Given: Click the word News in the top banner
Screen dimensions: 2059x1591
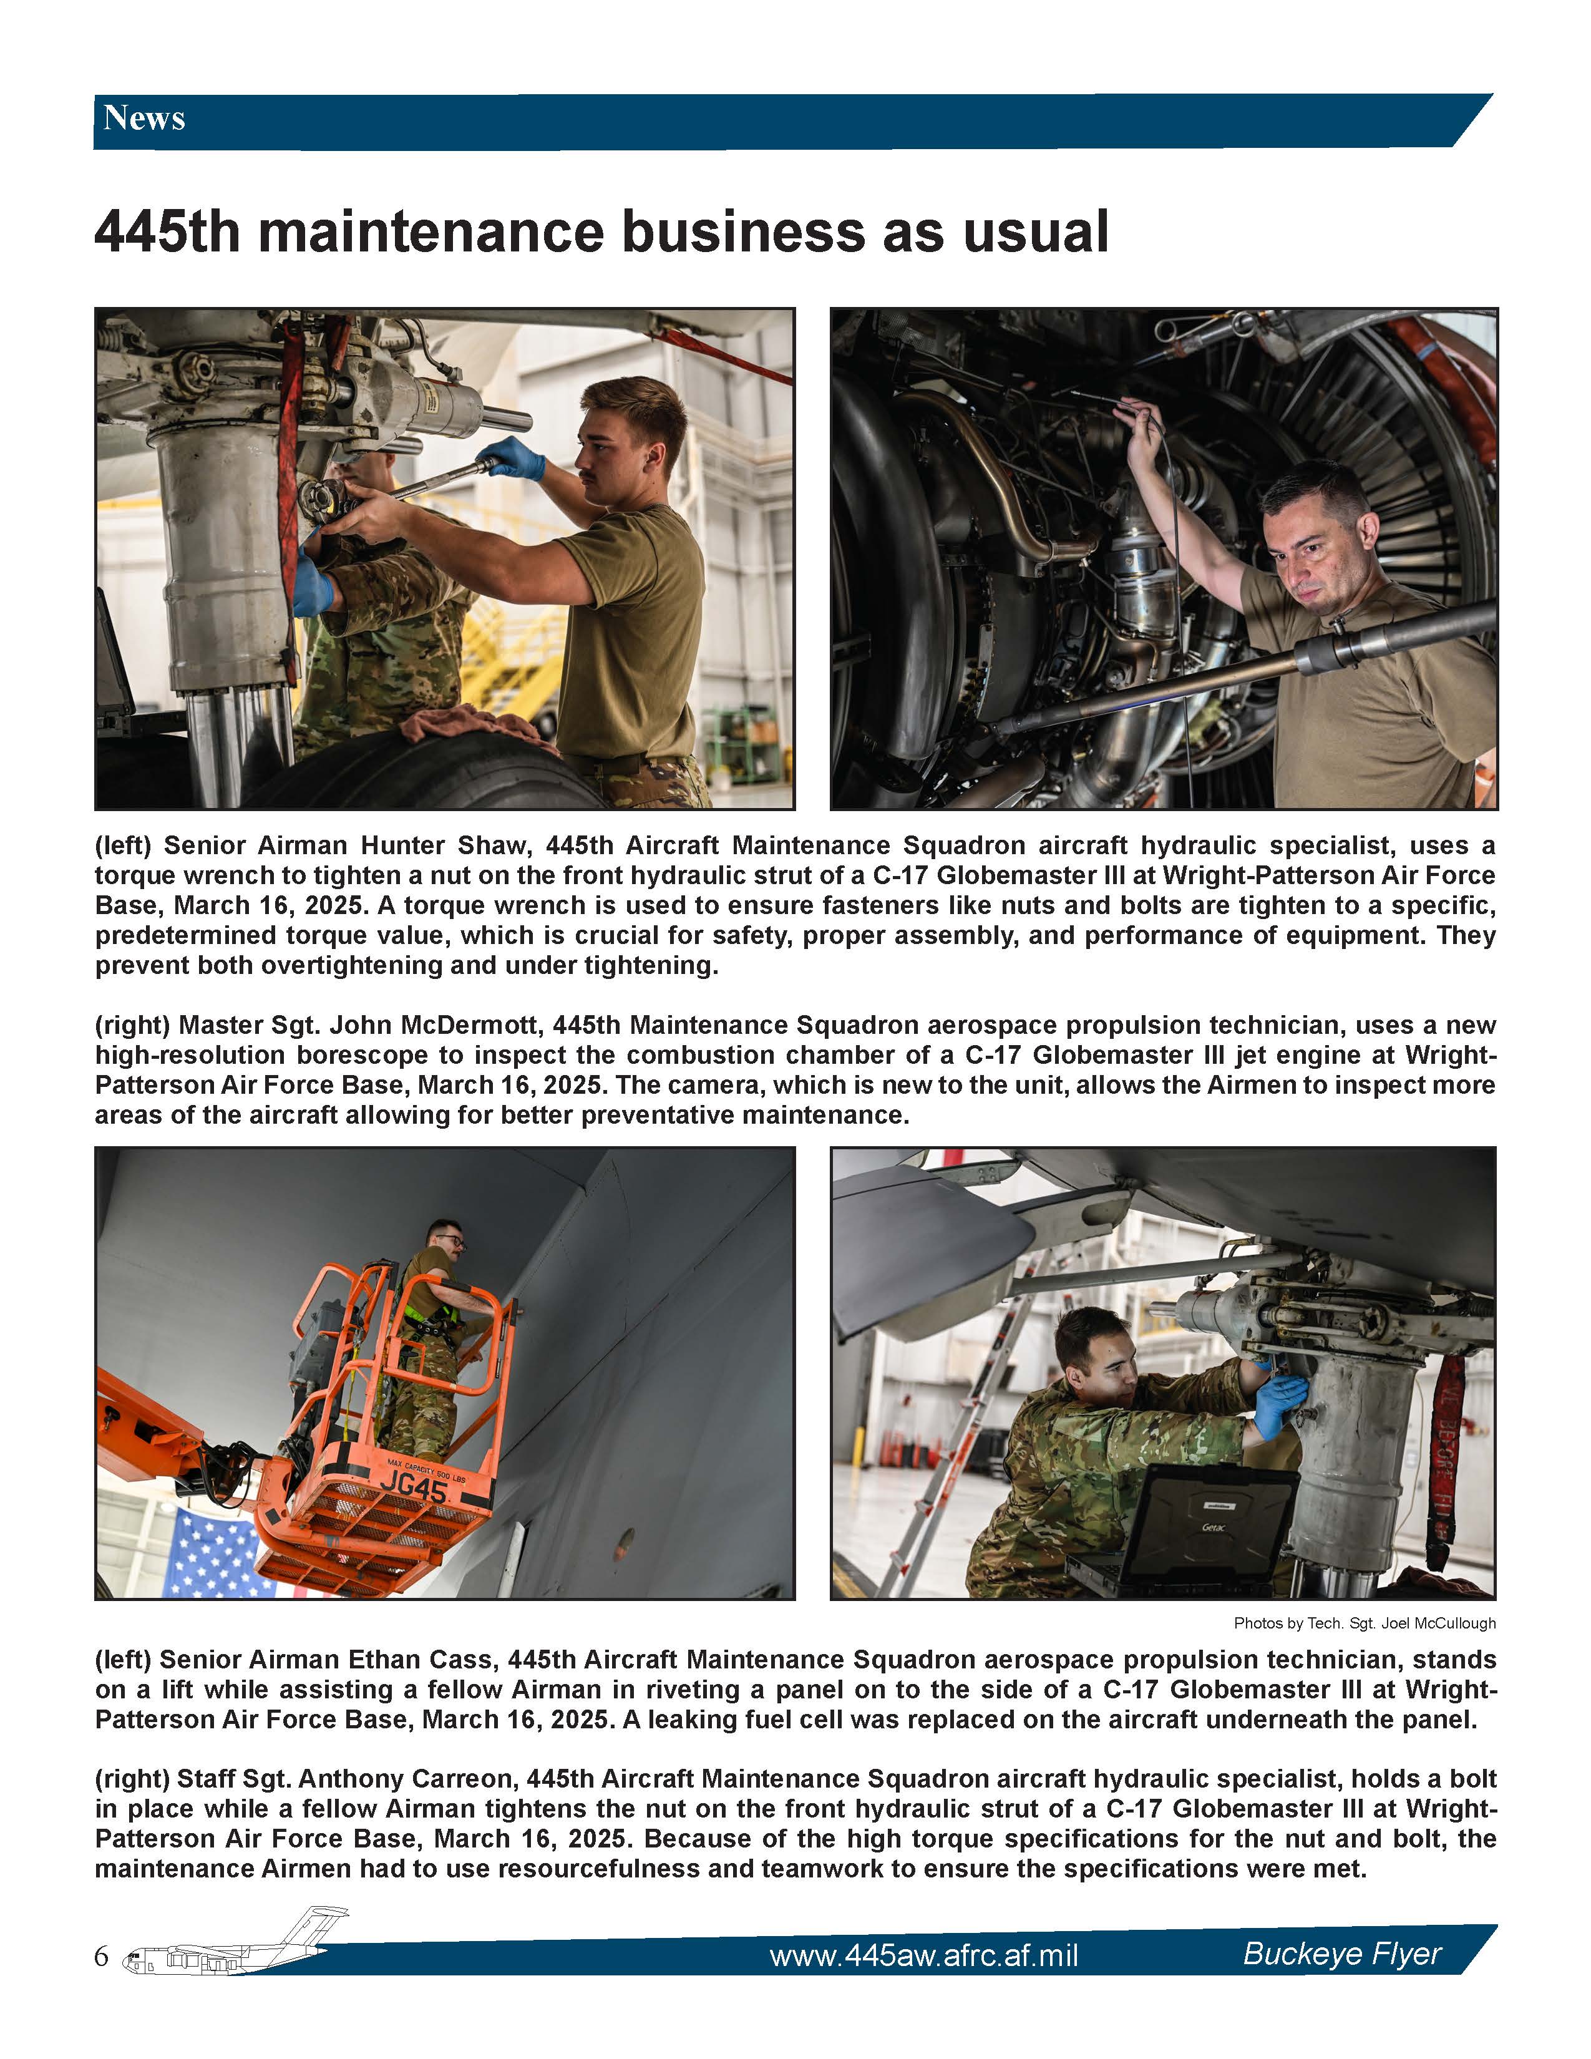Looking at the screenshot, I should [x=144, y=119].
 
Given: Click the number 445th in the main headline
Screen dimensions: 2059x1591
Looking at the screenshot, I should [x=168, y=232].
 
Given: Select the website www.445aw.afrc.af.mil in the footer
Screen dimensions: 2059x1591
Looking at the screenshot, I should [x=923, y=1955].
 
